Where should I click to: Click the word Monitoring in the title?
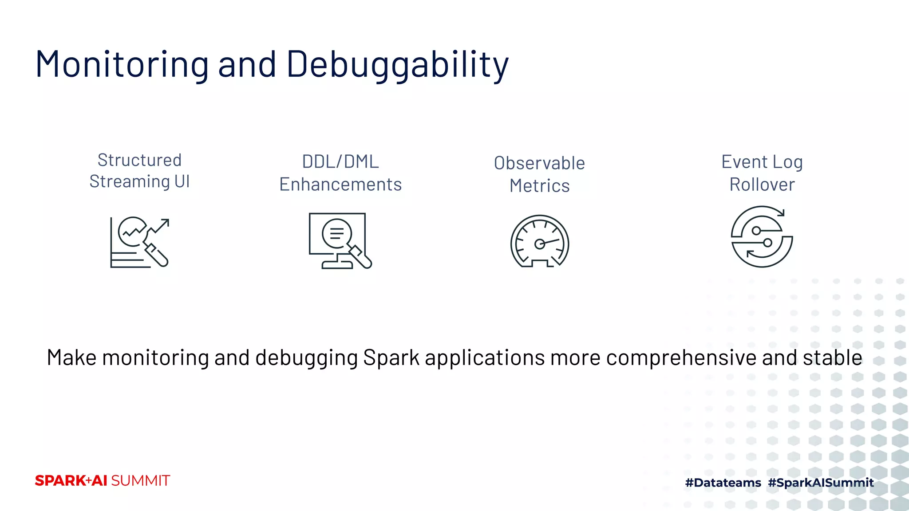[122, 65]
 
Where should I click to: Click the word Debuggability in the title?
[397, 65]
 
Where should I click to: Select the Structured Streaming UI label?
[139, 171]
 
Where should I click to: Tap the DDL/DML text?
[340, 162]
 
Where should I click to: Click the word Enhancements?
[340, 185]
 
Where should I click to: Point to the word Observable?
[539, 163]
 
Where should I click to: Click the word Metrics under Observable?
[539, 186]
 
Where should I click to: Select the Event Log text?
[762, 162]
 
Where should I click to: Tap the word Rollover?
[762, 185]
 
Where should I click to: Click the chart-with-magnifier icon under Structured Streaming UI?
[139, 242]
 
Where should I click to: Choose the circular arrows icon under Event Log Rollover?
[762, 236]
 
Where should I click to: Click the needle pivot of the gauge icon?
[539, 244]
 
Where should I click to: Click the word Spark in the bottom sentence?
[391, 358]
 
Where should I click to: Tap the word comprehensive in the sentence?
[682, 358]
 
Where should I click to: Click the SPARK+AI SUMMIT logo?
[102, 481]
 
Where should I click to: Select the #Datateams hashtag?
[723, 483]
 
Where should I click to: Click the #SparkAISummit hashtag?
[821, 483]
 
